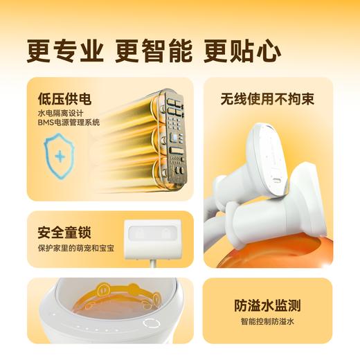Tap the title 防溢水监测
tap(268, 306)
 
